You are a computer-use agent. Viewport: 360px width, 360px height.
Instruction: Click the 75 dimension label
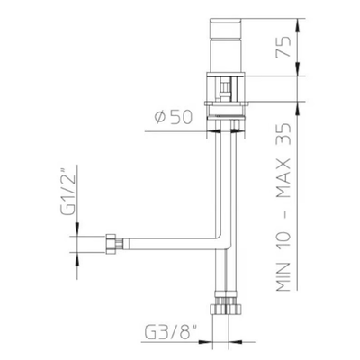pyautogui.click(x=283, y=47)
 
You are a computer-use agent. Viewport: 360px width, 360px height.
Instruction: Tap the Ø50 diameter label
pyautogui.click(x=173, y=117)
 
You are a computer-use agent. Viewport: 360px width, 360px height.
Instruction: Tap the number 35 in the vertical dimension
pyautogui.click(x=283, y=133)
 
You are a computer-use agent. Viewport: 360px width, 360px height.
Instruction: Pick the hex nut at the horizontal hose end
pyautogui.click(x=112, y=244)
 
